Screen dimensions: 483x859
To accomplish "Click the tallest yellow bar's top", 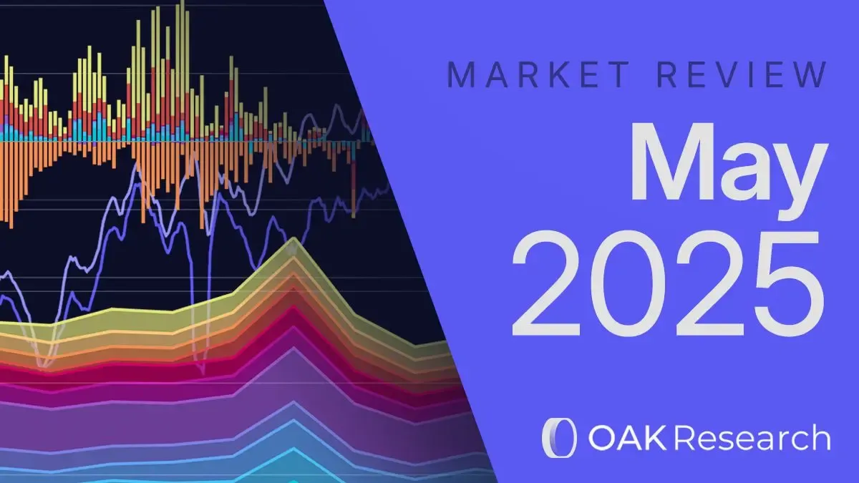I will pyautogui.click(x=183, y=2).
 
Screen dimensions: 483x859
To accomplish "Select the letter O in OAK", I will pyautogui.click(x=600, y=437).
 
